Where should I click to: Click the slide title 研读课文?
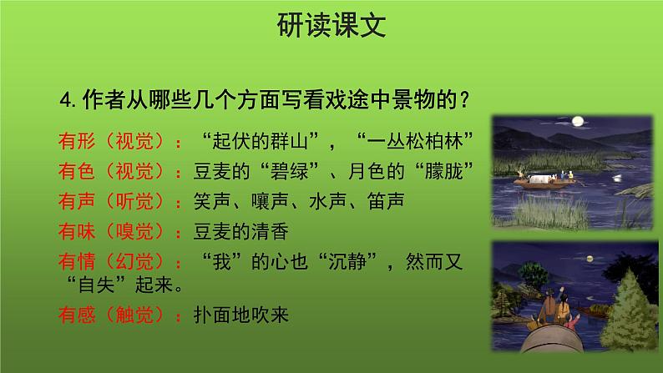click(x=331, y=28)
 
